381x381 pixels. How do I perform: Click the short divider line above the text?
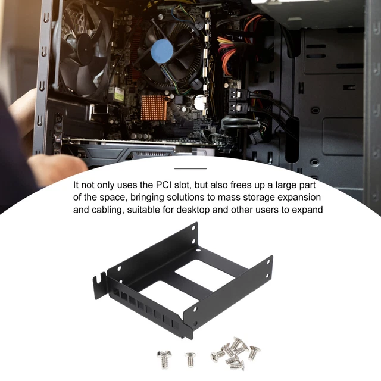[x=190, y=168]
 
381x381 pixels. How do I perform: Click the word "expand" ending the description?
[x=305, y=209]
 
